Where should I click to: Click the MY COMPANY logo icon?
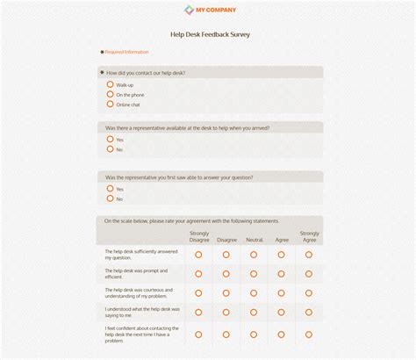pos(188,11)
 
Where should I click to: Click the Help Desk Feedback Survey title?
pos(210,34)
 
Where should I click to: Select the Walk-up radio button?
pos(111,84)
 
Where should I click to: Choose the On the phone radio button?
pos(111,94)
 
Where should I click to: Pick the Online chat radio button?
pos(111,104)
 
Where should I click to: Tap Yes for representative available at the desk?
pos(111,139)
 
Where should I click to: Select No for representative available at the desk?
pos(111,148)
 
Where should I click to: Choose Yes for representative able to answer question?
pos(111,188)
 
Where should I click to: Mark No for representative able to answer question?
pos(111,198)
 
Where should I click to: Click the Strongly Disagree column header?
pos(199,236)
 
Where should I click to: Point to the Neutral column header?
pos(254,240)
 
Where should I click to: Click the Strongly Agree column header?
pos(309,236)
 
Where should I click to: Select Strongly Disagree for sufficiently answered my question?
pos(199,255)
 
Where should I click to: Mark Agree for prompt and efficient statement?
pos(282,274)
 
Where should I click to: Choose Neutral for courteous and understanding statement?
pos(254,293)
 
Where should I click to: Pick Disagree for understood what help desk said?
pos(226,312)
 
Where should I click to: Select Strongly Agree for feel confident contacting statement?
pos(309,334)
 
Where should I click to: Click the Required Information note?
pos(126,52)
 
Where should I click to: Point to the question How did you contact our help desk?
pos(146,73)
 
